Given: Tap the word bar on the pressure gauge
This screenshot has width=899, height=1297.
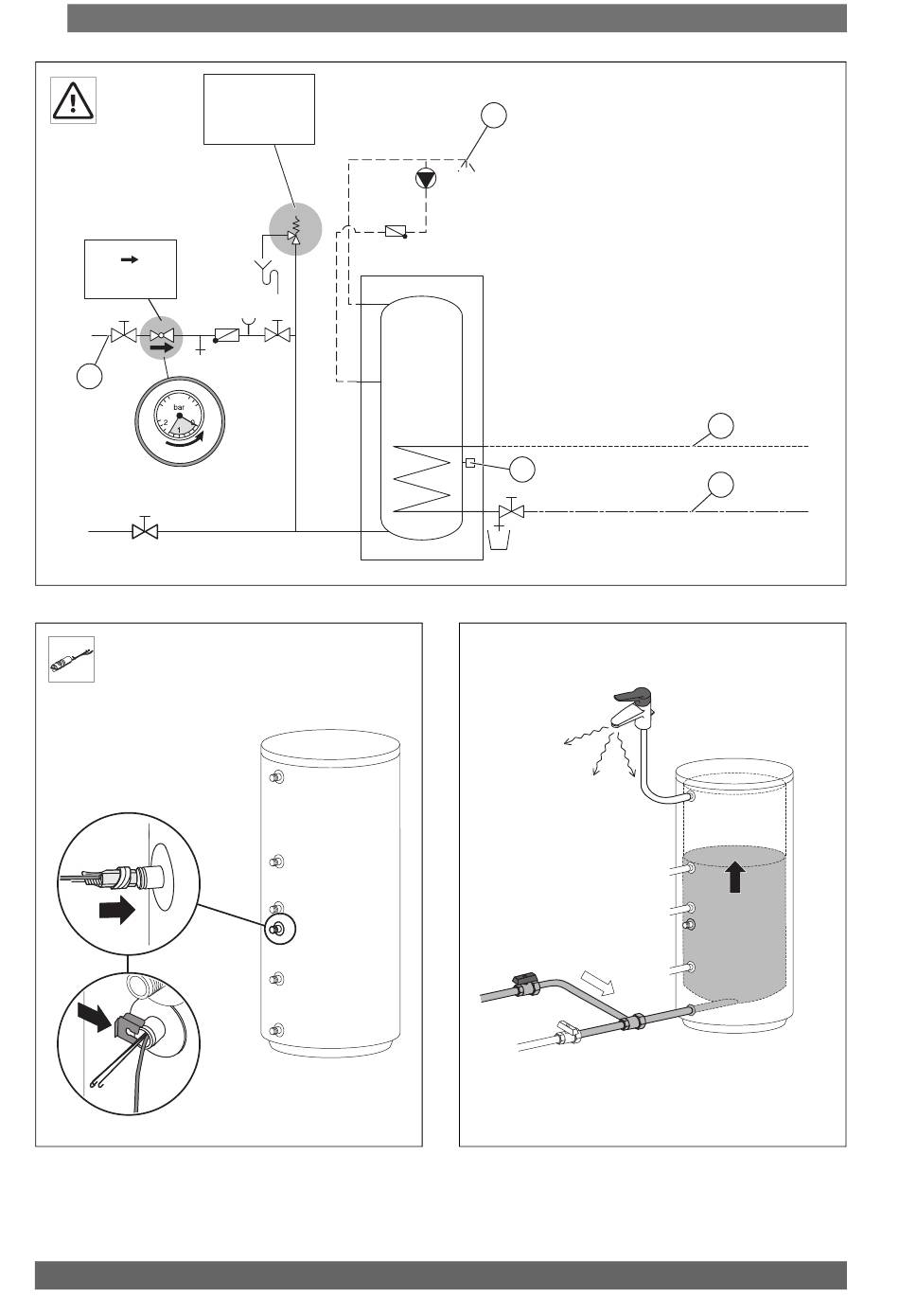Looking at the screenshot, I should tap(178, 407).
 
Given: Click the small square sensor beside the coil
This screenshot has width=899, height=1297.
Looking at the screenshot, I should tap(469, 463).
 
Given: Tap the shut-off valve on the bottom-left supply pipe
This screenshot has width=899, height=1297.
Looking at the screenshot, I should tap(145, 531).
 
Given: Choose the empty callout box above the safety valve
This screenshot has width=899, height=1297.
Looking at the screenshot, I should tap(259, 109).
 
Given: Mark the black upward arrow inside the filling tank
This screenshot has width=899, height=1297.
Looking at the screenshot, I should tap(735, 876).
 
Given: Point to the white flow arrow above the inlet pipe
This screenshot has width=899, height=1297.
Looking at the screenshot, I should tap(599, 986).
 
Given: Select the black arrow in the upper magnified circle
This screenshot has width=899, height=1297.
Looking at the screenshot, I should tap(117, 910).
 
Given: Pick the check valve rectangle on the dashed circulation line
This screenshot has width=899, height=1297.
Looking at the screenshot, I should tap(397, 231).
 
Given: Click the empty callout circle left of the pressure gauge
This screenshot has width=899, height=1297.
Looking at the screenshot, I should tap(90, 376).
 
